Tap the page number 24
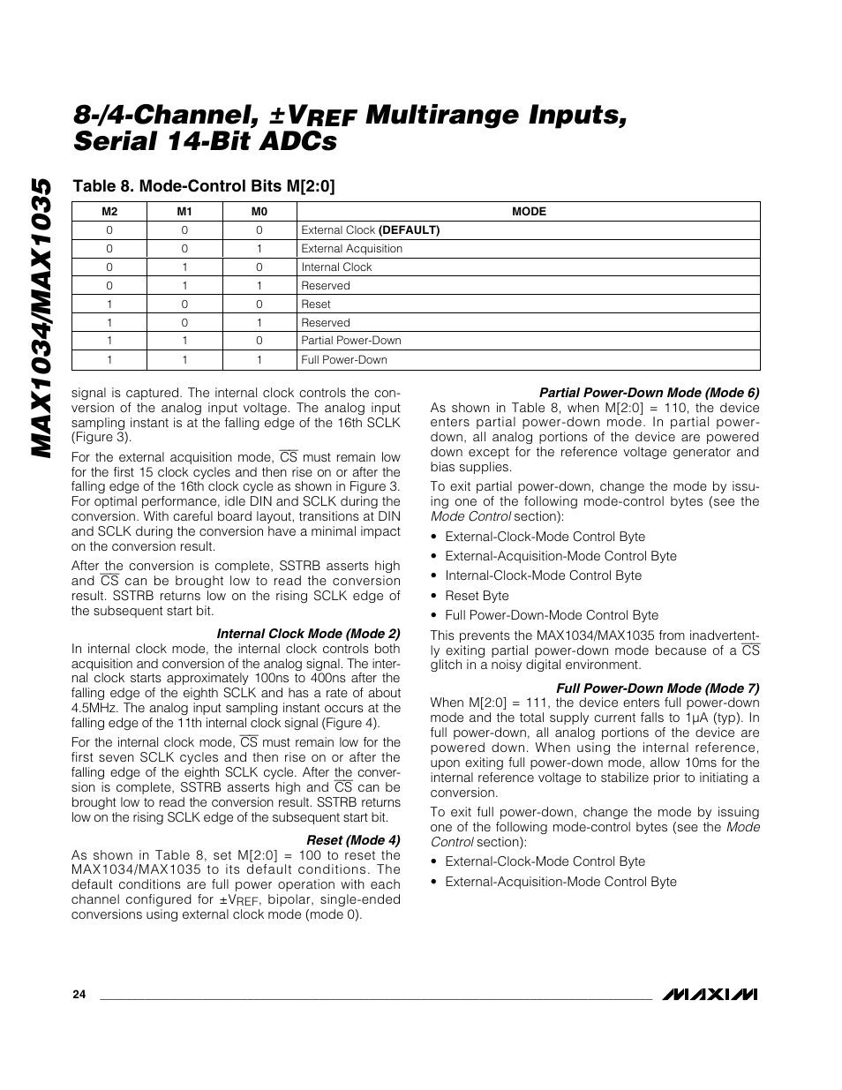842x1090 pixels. point(79,995)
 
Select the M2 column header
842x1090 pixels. point(109,212)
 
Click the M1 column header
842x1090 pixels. point(184,212)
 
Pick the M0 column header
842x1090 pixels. point(259,212)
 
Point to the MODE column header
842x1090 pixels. point(529,212)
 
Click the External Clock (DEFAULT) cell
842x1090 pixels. point(370,230)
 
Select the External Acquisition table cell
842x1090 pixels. point(351,249)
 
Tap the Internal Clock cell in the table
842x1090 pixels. point(336,267)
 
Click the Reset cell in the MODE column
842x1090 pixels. point(316,304)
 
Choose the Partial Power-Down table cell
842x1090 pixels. point(350,341)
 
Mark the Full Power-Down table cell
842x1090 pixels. point(343,360)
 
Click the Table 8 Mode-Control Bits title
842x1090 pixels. point(203,186)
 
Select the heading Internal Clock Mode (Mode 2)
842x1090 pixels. point(308,634)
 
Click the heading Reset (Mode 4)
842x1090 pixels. point(353,840)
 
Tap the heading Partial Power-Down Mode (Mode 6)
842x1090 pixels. point(649,393)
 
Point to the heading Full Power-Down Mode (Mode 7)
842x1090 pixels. point(657,688)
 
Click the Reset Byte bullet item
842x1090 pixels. point(477,596)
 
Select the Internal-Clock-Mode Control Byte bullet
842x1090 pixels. point(543,575)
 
